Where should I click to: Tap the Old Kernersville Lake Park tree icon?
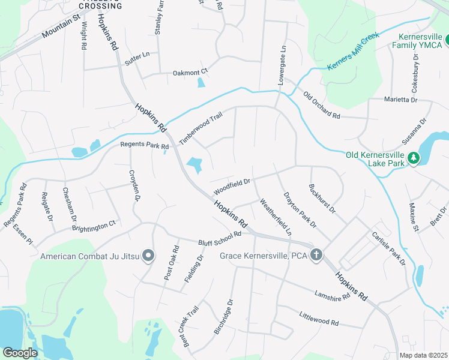(x=413, y=158)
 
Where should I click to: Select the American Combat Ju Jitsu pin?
(x=148, y=256)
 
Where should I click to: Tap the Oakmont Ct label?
(x=190, y=72)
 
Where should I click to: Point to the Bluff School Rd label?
(x=219, y=238)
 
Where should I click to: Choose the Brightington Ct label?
(x=94, y=226)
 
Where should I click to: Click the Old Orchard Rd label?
(x=322, y=105)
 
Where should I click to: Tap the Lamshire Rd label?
(x=331, y=296)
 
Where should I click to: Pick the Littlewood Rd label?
(x=319, y=317)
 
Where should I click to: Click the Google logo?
(x=20, y=352)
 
